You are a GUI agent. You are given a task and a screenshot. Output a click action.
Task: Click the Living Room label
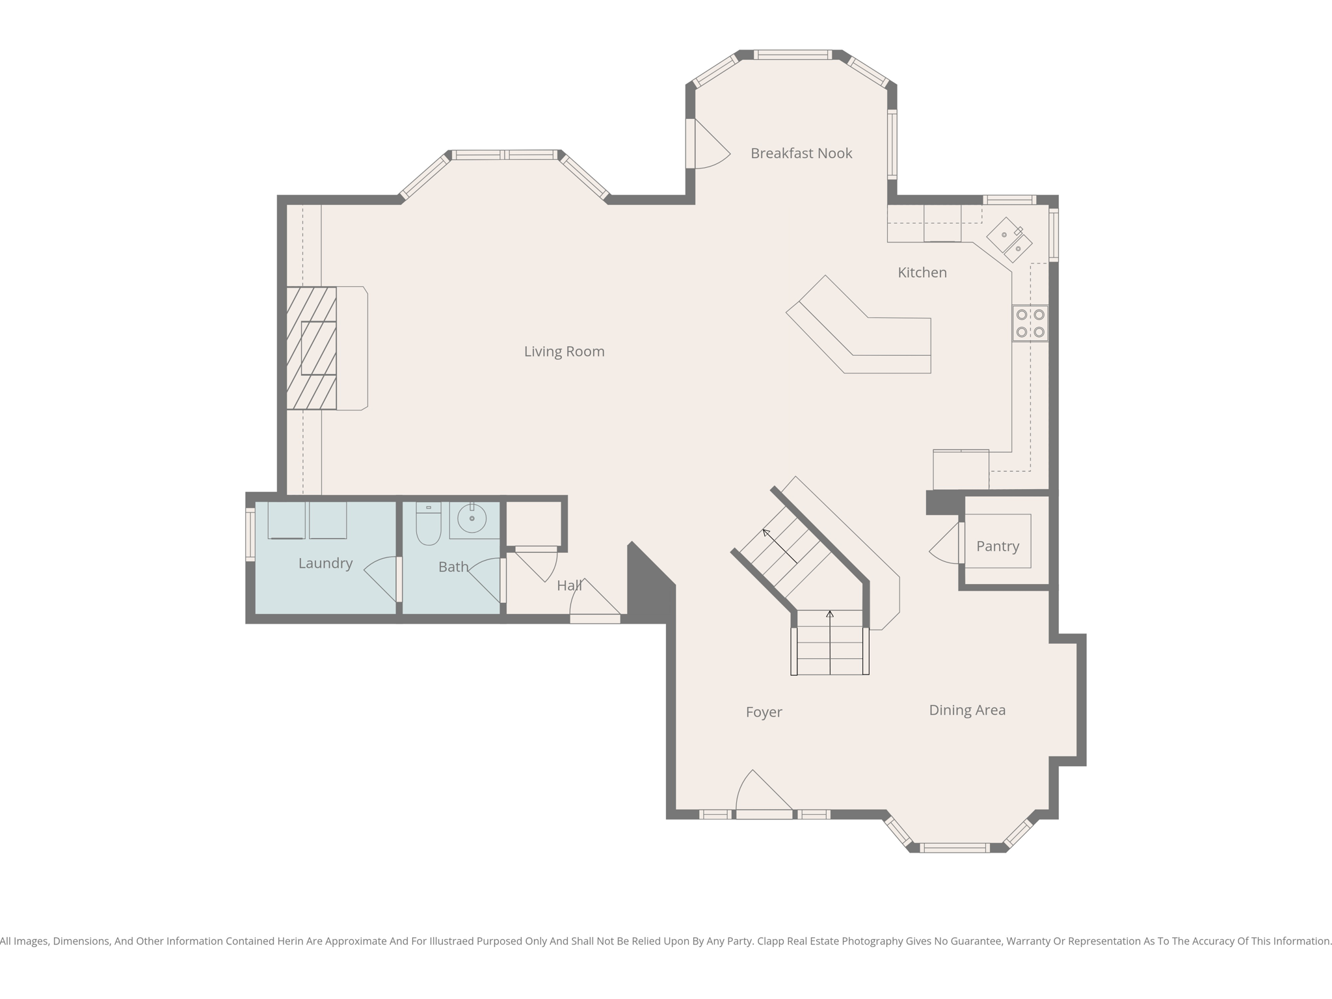pyautogui.click(x=564, y=352)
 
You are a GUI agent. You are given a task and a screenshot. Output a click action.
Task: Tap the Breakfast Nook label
pyautogui.click(x=801, y=153)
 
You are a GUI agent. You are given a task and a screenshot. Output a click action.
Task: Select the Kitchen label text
pyautogui.click(x=922, y=273)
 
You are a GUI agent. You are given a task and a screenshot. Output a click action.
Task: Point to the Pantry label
pyautogui.click(x=998, y=547)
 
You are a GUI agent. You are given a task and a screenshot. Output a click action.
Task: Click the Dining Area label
pyautogui.click(x=967, y=710)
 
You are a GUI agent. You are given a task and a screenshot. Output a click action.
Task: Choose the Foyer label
pyautogui.click(x=764, y=712)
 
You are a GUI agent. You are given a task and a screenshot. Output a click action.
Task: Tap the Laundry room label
pyautogui.click(x=325, y=563)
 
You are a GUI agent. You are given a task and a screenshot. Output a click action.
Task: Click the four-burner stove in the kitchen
pyautogui.click(x=1030, y=323)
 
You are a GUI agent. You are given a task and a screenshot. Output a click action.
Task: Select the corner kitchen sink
pyautogui.click(x=1009, y=239)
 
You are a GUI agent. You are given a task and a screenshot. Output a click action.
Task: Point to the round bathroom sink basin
pyautogui.click(x=472, y=518)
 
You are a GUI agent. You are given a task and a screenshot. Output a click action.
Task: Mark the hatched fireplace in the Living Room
pyautogui.click(x=312, y=348)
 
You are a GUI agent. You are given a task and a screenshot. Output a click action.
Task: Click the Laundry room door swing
pyautogui.click(x=382, y=579)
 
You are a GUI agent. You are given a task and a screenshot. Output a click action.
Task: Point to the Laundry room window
pyautogui.click(x=250, y=534)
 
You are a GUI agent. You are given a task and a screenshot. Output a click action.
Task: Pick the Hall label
pyautogui.click(x=569, y=586)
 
